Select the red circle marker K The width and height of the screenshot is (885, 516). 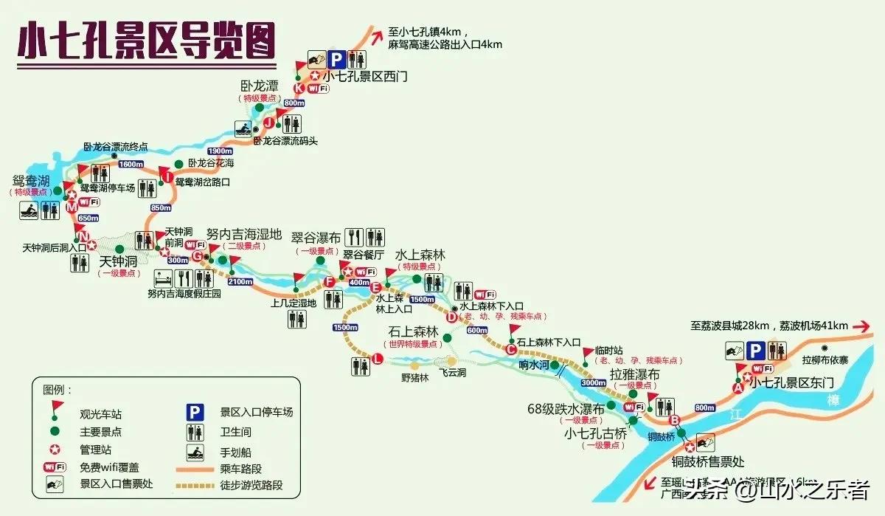coord(299,88)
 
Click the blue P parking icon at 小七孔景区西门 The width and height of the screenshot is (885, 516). coord(336,59)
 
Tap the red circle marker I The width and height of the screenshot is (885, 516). coord(167,177)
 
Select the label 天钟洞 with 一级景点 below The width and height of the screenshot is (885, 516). coord(119,261)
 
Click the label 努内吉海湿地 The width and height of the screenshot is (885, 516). coord(244,235)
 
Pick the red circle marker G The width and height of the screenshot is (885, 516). coord(197,255)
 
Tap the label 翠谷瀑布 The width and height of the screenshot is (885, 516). coord(316,238)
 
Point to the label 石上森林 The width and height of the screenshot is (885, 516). coord(414,332)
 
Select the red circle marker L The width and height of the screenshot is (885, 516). coord(378,360)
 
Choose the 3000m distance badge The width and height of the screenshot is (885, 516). coord(593,384)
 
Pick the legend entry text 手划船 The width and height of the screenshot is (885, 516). coord(235,452)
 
